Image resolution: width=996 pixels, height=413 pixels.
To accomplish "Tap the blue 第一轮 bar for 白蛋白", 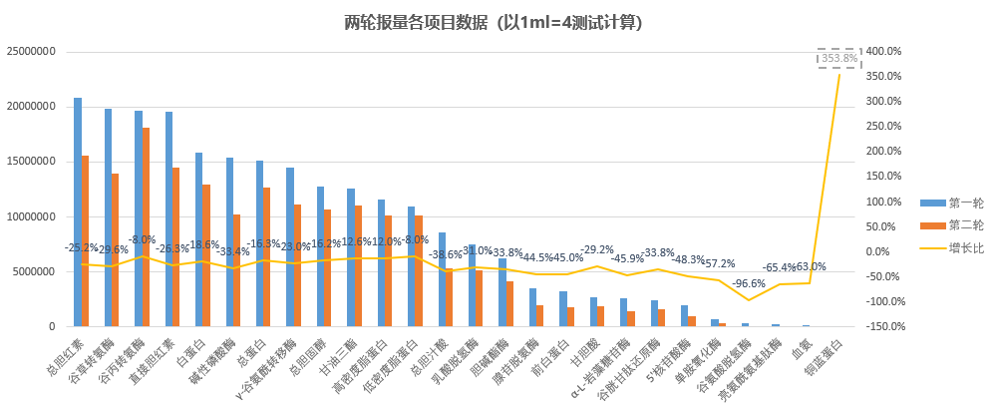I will [x=199, y=239].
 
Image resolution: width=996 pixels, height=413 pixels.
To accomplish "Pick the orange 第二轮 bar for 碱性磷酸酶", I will [x=237, y=270].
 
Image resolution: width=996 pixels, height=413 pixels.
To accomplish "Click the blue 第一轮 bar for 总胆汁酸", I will [x=443, y=279].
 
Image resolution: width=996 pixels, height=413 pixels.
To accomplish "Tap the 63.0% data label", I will [x=811, y=266].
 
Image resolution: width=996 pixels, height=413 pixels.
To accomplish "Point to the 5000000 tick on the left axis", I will [x=36, y=271].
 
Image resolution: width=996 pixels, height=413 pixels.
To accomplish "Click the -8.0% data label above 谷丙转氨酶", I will [x=143, y=240].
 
